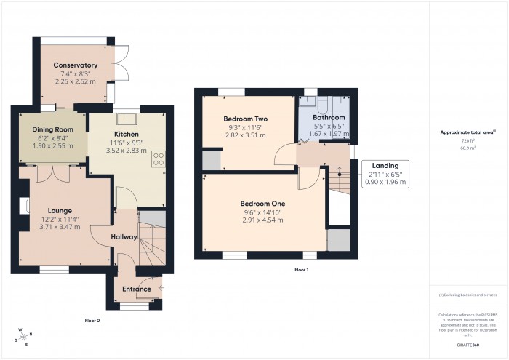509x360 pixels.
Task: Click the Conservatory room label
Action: pos(75,65)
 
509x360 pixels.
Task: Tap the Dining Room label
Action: pos(54,129)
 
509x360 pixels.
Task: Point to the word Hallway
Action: pos(124,237)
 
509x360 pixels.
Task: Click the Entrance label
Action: pos(136,289)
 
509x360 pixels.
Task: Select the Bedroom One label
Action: pos(262,203)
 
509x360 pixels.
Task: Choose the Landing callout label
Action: pos(385,166)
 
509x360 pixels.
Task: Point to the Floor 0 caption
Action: pos(92,321)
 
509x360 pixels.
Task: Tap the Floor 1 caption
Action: pos(301,270)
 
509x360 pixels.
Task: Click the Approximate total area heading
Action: pos(467,132)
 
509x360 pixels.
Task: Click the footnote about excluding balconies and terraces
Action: pos(468,295)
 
